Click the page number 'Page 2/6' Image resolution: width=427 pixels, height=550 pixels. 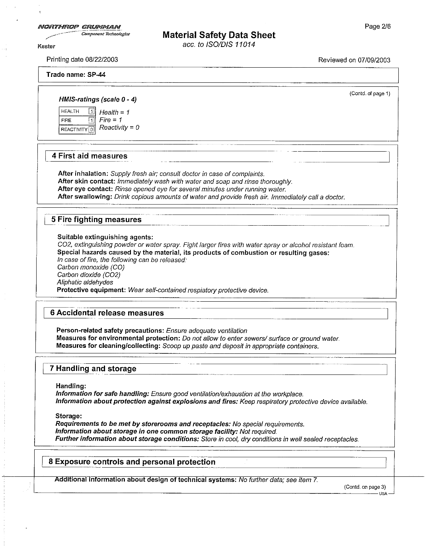378,27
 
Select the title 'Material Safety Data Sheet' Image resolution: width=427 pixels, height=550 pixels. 219,35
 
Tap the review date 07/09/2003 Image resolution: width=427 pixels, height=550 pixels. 374,60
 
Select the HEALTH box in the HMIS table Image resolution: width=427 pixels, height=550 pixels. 77,111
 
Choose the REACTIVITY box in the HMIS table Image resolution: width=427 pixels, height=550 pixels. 77,129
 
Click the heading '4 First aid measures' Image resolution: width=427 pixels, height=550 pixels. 90,156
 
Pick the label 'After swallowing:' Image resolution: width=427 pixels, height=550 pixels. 85,197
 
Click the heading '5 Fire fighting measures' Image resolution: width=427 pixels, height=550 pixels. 96,220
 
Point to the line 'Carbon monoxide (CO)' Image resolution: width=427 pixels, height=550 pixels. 91,267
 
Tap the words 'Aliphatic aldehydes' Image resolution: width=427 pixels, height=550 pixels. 85,283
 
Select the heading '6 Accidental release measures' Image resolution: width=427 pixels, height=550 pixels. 107,313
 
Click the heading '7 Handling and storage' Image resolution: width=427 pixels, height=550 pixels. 93,369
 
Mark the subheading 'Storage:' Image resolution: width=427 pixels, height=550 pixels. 68,416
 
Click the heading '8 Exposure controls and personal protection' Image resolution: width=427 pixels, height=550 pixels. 132,462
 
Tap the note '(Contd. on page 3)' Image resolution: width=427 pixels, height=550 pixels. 365,487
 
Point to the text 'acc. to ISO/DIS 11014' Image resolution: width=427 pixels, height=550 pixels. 219,45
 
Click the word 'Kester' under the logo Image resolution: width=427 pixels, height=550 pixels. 46,46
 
